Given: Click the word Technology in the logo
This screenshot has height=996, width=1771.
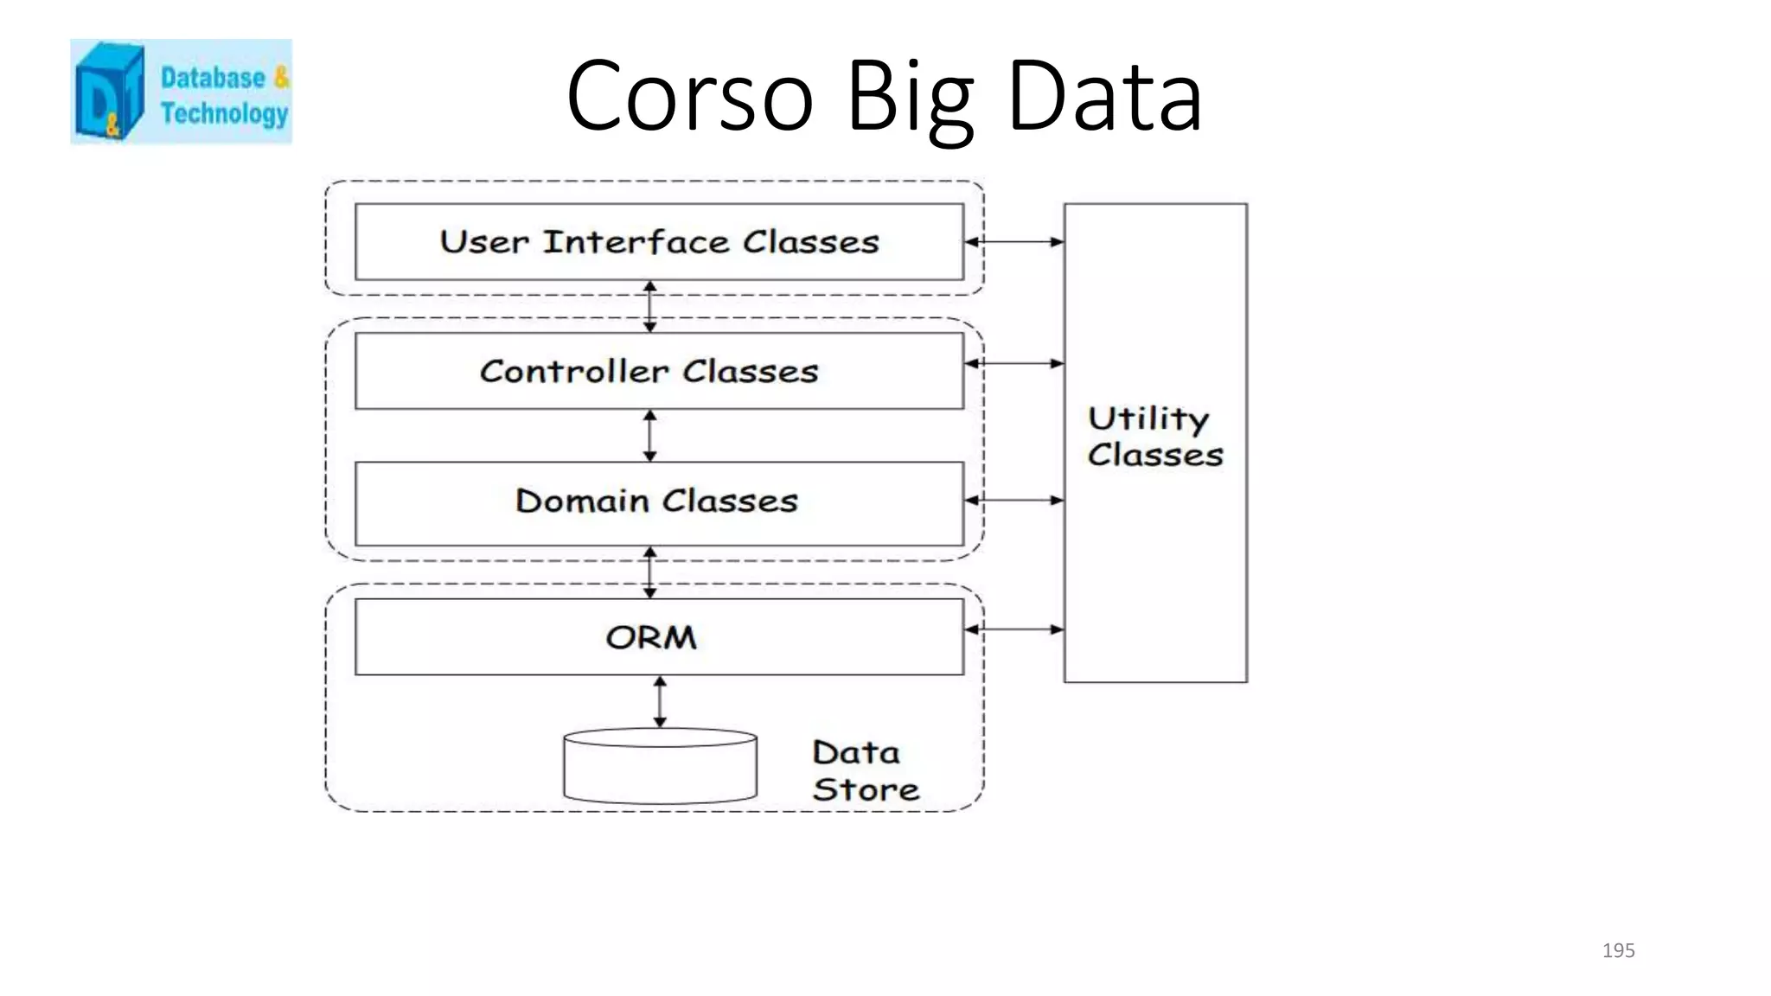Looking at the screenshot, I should click(224, 113).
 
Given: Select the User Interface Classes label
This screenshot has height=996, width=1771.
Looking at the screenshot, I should click(659, 242).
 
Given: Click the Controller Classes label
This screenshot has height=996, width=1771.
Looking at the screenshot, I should click(649, 372).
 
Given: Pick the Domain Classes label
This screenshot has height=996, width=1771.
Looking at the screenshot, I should click(656, 501).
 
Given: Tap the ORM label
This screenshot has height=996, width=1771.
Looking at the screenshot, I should click(650, 638).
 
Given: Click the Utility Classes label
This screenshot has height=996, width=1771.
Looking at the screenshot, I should click(1154, 437).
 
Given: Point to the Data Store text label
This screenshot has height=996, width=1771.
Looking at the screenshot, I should click(864, 770).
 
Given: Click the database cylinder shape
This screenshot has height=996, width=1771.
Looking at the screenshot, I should click(660, 767).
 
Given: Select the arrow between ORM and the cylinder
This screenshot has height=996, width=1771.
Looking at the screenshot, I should click(660, 701).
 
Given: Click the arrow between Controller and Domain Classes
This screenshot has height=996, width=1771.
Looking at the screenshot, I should click(650, 436).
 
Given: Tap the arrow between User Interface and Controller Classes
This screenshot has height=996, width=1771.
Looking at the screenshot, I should click(650, 307).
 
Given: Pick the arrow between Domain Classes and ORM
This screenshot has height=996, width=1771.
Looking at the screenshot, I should click(650, 572).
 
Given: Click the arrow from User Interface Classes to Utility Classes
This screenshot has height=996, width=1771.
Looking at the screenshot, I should click(1013, 242).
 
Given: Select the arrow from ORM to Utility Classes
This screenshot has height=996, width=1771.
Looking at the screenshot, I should click(1013, 629).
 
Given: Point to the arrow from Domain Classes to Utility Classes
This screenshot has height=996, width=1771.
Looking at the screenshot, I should click(1013, 500).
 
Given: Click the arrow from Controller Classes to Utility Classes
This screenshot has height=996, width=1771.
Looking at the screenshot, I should click(1013, 364).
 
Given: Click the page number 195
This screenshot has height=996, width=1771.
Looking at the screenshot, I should click(1618, 950).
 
